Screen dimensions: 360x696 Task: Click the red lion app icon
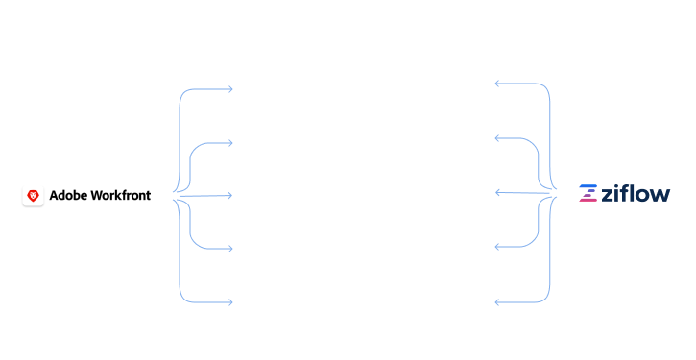point(34,196)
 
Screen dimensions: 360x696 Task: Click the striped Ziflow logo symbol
point(588,194)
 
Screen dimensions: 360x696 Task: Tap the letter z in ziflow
point(608,195)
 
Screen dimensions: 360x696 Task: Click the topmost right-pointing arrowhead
point(230,89)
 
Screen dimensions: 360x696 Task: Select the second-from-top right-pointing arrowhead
point(230,143)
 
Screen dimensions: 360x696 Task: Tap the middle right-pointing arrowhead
point(230,196)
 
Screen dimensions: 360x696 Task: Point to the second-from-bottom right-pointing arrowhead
point(230,249)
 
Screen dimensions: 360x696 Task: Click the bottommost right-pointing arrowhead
point(230,302)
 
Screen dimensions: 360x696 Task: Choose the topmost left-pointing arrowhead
point(497,84)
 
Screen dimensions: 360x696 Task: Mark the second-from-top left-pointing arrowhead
point(497,139)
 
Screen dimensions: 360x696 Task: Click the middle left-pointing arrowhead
point(497,193)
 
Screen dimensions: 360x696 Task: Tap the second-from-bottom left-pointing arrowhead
point(497,247)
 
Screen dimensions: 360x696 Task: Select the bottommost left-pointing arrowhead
point(497,302)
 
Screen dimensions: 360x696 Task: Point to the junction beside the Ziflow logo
point(556,193)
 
